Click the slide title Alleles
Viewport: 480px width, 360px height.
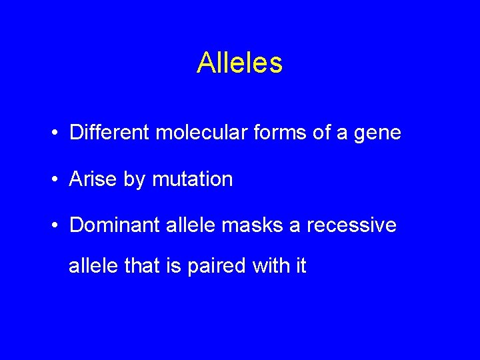point(239,63)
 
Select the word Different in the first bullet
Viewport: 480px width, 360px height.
point(109,133)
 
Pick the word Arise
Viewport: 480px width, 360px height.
point(93,179)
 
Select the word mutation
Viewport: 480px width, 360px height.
point(193,179)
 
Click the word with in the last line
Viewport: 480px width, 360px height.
point(270,266)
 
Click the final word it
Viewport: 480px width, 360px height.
point(301,266)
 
